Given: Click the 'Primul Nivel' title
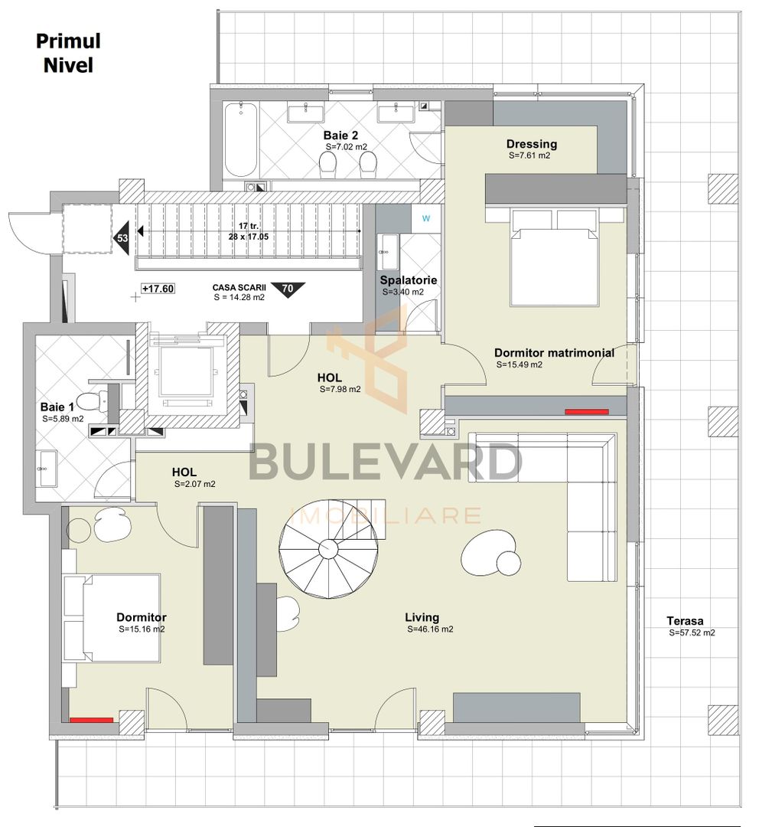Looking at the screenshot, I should pyautogui.click(x=67, y=53).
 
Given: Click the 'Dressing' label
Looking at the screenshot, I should pyautogui.click(x=531, y=144).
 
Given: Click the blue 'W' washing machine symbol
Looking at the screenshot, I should pyautogui.click(x=425, y=217).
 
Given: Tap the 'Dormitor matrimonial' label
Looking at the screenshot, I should pyautogui.click(x=554, y=353).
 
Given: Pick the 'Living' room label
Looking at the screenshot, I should pyautogui.click(x=422, y=617).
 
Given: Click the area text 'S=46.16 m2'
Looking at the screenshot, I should pyautogui.click(x=430, y=629).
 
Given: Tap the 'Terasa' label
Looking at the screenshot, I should pyautogui.click(x=684, y=621).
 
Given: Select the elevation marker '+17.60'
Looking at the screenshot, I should pyautogui.click(x=158, y=289).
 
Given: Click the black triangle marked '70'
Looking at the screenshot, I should pyautogui.click(x=288, y=289).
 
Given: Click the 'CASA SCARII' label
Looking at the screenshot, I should pyautogui.click(x=238, y=288).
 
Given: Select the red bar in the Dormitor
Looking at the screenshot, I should pyautogui.click(x=91, y=720).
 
